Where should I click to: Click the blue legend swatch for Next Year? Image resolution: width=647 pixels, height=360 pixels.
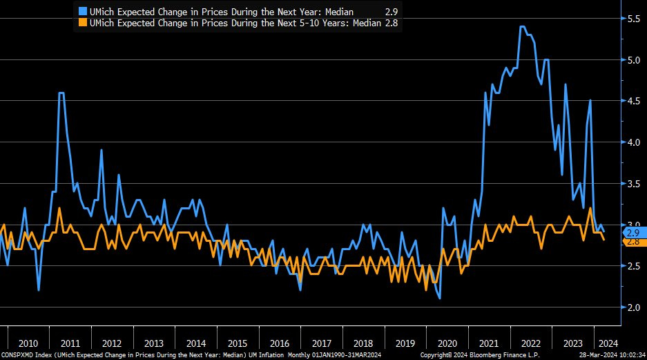tap(84, 12)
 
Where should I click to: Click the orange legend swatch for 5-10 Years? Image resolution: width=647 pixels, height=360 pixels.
tap(84, 23)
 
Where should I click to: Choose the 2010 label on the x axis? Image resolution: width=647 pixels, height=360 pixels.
tap(28, 343)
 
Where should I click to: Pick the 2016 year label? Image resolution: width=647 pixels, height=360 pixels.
tap(280, 343)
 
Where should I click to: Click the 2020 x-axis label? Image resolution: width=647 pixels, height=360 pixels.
tap(448, 343)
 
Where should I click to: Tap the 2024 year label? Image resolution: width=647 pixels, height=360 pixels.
tap(608, 343)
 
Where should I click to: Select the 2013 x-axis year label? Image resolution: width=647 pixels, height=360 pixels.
tap(153, 343)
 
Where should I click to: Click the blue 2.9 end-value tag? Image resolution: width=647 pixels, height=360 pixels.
tap(633, 232)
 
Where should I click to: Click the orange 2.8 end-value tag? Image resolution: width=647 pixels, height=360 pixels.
tap(633, 242)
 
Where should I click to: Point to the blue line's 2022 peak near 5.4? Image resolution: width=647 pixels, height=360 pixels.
tap(522, 27)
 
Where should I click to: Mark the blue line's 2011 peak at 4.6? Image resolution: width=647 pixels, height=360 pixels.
tap(61, 93)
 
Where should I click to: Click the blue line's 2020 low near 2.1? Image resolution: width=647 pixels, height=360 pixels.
tap(439, 298)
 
